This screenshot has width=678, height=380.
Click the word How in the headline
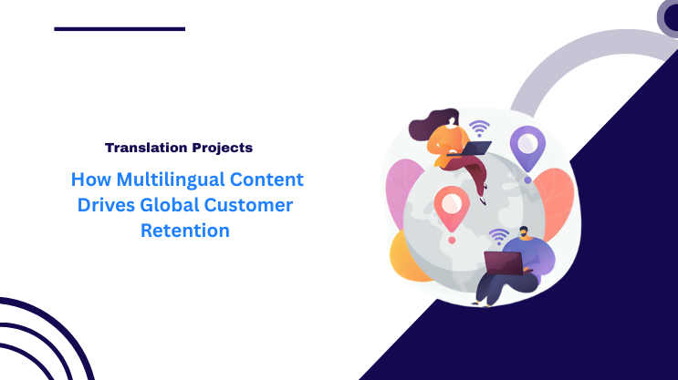(x=93, y=180)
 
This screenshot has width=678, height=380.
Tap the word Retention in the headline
(x=184, y=231)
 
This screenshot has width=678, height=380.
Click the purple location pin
(x=527, y=146)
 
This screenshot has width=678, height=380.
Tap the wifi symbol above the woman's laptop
(x=479, y=127)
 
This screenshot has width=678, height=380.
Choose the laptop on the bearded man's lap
(x=504, y=264)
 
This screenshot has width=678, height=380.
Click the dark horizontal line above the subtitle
(x=120, y=28)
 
